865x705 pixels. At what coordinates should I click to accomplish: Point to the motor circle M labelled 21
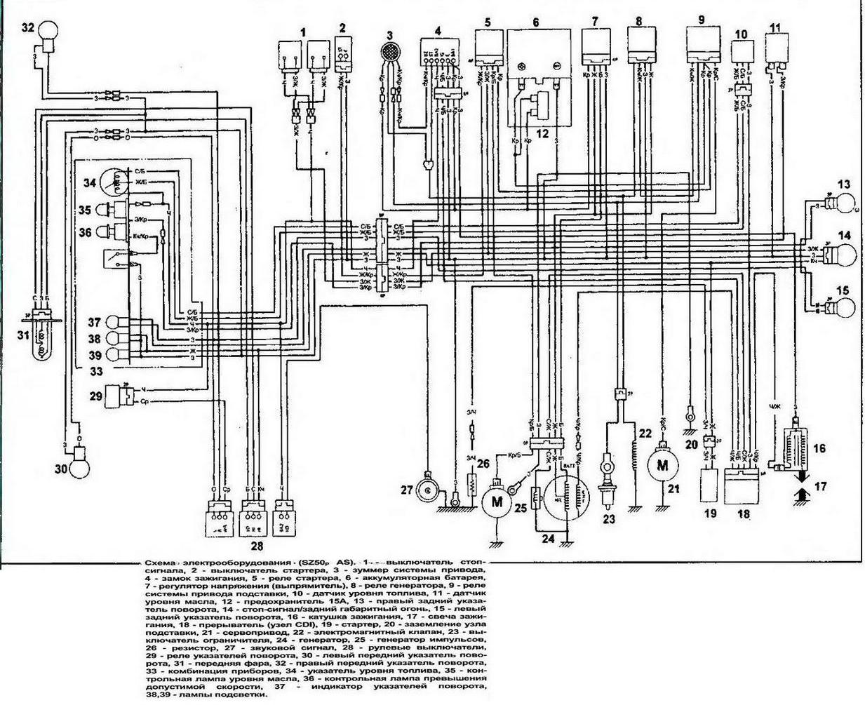[660, 465]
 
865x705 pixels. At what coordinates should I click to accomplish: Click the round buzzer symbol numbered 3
[389, 53]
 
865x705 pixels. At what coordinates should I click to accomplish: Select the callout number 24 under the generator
[547, 539]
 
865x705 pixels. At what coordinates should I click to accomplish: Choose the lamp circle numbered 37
[114, 323]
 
